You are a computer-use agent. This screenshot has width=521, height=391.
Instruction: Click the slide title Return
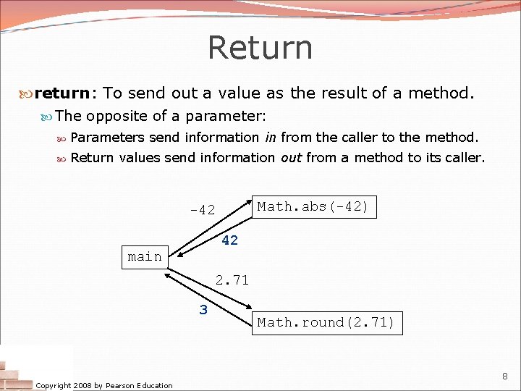pyautogui.click(x=260, y=48)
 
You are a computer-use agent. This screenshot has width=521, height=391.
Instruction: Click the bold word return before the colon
pyautogui.click(x=62, y=93)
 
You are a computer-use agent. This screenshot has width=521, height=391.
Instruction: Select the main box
pyautogui.click(x=145, y=256)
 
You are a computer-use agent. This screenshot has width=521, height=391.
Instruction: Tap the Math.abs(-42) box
pyautogui.click(x=313, y=206)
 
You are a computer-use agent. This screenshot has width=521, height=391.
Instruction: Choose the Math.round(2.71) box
pyautogui.click(x=326, y=322)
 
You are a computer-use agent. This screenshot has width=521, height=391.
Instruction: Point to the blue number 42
pyautogui.click(x=229, y=240)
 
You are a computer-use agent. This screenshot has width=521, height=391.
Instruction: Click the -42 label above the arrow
pyautogui.click(x=203, y=210)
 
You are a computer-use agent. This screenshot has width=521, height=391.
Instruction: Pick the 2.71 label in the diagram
pyautogui.click(x=232, y=279)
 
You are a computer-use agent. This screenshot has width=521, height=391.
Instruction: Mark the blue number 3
pyautogui.click(x=203, y=310)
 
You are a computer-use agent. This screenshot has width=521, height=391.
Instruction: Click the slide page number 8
pyautogui.click(x=506, y=376)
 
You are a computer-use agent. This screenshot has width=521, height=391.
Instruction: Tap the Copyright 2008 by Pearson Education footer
pyautogui.click(x=105, y=385)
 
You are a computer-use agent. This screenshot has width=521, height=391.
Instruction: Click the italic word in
pyautogui.click(x=270, y=137)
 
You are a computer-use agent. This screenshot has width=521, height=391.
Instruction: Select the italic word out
pyautogui.click(x=291, y=157)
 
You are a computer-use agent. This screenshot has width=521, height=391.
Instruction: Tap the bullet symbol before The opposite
pyautogui.click(x=47, y=116)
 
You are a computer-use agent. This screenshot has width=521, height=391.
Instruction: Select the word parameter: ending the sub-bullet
pyautogui.click(x=226, y=116)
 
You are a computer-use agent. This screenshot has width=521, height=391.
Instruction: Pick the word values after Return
pyautogui.click(x=140, y=157)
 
